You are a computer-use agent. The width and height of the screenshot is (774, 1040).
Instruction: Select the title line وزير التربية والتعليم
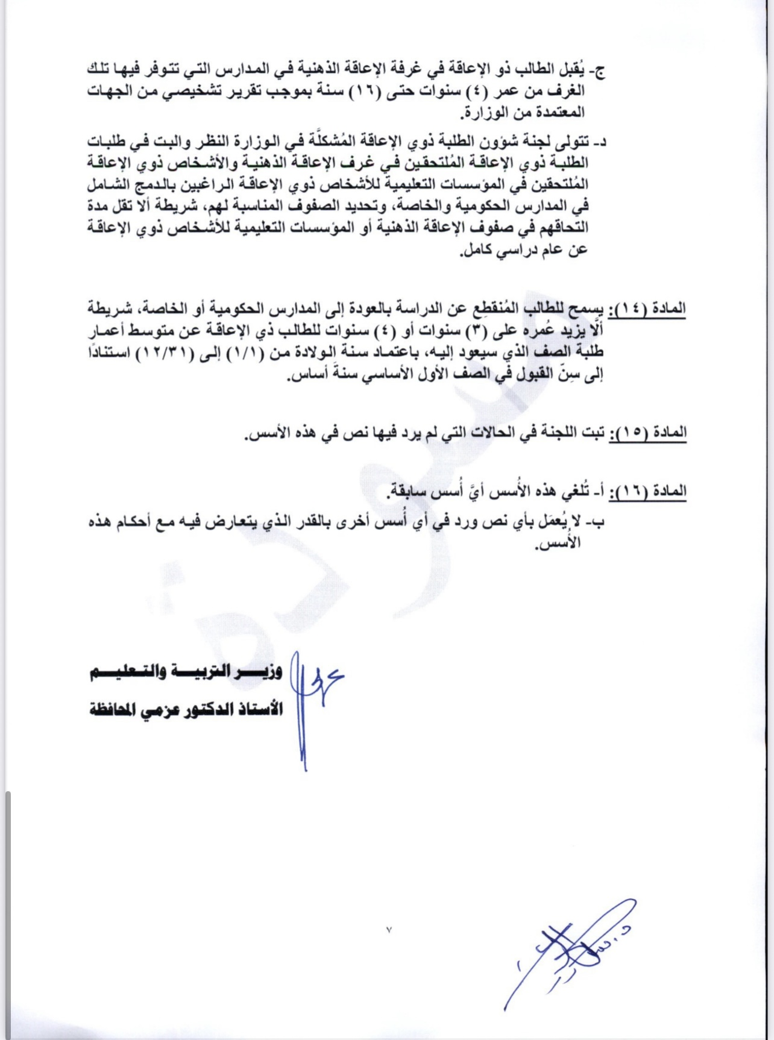[186, 673]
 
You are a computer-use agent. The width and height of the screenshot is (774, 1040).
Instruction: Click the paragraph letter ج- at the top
[598, 70]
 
